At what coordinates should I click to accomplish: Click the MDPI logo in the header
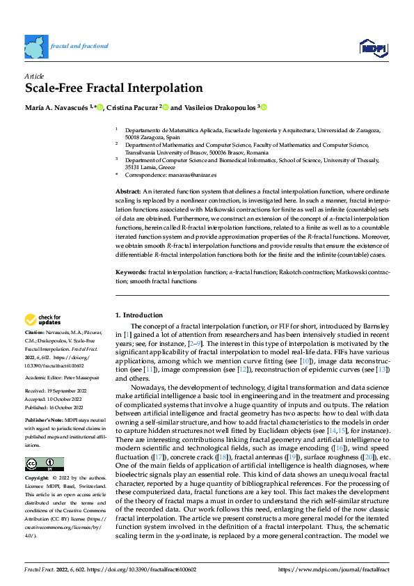(x=374, y=47)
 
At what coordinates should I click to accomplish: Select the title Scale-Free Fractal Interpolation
(x=113, y=88)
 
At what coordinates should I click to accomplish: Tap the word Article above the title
(x=34, y=75)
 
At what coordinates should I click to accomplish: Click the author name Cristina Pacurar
(x=133, y=107)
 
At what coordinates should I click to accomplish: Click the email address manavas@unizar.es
(x=191, y=175)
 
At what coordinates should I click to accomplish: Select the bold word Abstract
(x=127, y=191)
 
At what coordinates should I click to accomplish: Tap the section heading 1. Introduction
(x=139, y=315)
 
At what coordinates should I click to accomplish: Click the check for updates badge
(x=43, y=320)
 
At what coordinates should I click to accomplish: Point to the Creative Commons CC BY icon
(x=44, y=464)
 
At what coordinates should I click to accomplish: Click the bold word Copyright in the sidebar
(x=36, y=479)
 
